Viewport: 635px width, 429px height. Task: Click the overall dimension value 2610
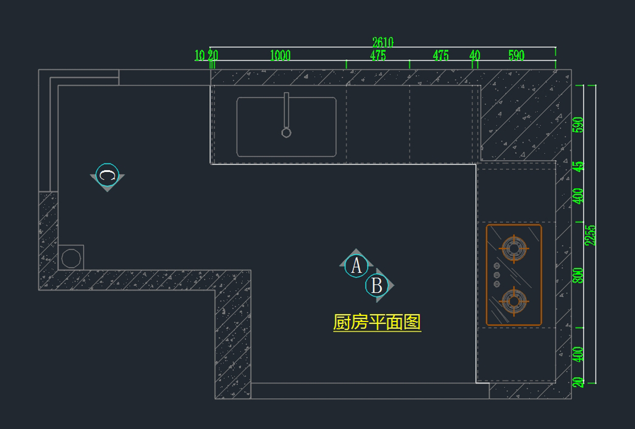click(383, 42)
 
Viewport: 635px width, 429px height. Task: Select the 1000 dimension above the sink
click(280, 56)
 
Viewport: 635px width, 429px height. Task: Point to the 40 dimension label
click(475, 56)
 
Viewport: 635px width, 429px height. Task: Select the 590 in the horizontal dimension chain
click(516, 56)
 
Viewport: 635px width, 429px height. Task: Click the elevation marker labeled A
click(356, 266)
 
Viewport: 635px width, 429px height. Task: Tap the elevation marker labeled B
click(377, 286)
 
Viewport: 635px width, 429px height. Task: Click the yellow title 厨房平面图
click(377, 322)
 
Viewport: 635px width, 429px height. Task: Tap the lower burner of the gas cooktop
click(513, 301)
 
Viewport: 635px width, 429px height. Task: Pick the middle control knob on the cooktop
click(496, 275)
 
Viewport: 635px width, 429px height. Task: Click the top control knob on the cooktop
click(496, 266)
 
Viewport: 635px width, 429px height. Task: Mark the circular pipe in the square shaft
click(71, 258)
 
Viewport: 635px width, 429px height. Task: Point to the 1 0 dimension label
click(199, 56)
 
